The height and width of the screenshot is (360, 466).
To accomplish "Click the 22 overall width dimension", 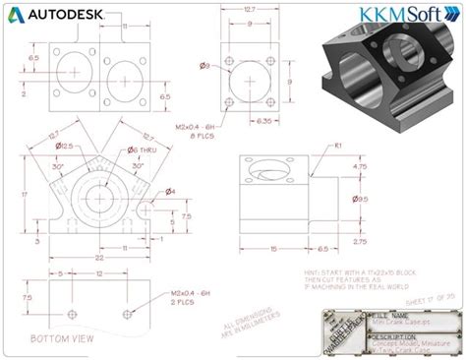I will coord(99,258).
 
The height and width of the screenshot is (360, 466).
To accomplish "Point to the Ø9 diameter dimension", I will coord(204,66).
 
